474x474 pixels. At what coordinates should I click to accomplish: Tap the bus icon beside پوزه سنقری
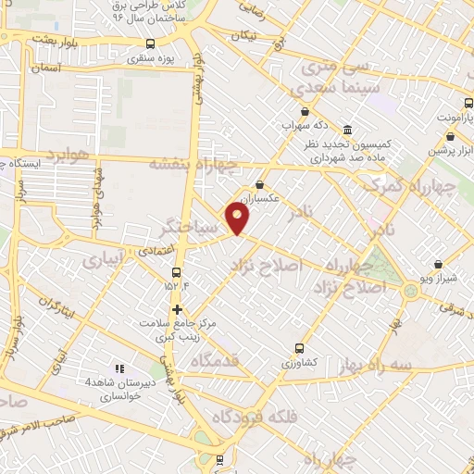pos(151,44)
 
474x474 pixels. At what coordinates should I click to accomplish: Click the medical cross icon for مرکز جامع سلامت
pos(176,309)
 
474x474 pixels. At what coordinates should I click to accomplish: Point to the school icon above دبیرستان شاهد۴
pos(118,368)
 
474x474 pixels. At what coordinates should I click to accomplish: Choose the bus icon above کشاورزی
pos(298,349)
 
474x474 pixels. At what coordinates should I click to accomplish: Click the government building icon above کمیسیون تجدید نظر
pos(347,131)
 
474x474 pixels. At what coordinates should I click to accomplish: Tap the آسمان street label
pos(44,68)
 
